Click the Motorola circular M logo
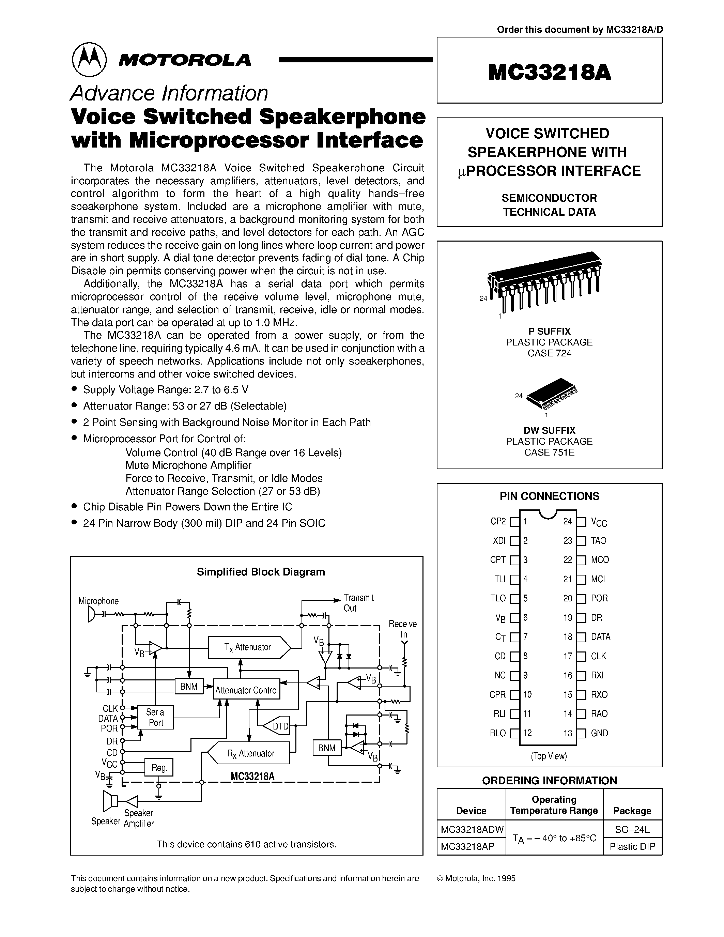pyautogui.click(x=89, y=59)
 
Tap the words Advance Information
pyautogui.click(x=169, y=93)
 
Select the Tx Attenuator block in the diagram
pyautogui.click(x=249, y=647)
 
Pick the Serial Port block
pyautogui.click(x=156, y=717)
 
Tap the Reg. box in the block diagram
pyautogui.click(x=159, y=768)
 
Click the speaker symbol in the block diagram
pyautogui.click(x=111, y=801)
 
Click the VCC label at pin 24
pyautogui.click(x=599, y=522)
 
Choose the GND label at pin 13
pyautogui.click(x=599, y=733)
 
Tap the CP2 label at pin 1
pyautogui.click(x=498, y=522)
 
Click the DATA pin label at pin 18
pyautogui.click(x=600, y=637)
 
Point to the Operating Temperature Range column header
pyautogui.click(x=554, y=805)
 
